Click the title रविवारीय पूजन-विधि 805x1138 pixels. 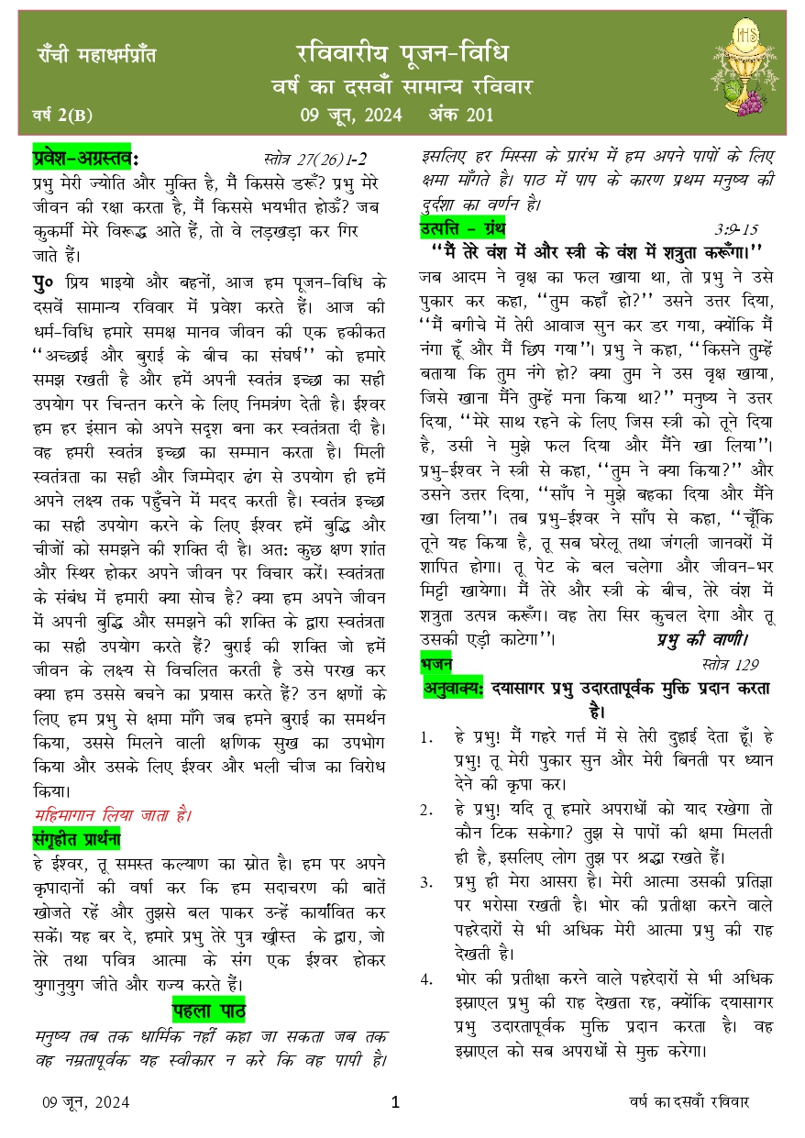(x=402, y=51)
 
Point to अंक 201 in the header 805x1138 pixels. (x=462, y=115)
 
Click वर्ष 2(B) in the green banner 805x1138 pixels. (x=61, y=116)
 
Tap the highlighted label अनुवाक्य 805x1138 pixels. (x=453, y=688)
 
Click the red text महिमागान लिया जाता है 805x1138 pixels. (x=113, y=814)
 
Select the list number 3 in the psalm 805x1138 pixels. (x=426, y=882)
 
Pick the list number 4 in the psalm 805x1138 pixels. (x=426, y=978)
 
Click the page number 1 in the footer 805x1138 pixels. (x=396, y=1102)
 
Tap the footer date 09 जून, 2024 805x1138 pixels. (x=85, y=1102)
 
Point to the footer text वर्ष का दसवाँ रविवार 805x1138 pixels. (x=689, y=1102)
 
